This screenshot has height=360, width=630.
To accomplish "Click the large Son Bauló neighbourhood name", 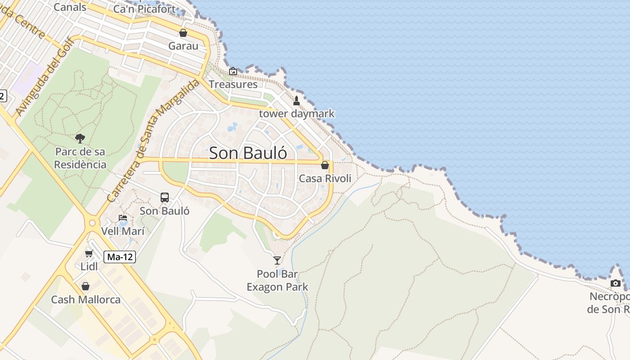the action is point(248,153).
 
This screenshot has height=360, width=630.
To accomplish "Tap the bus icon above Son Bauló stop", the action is point(165,198).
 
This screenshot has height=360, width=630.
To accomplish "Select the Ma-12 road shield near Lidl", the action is point(120,257).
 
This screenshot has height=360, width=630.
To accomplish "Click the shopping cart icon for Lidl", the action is point(89,254).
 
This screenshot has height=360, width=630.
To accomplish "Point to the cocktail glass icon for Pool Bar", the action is point(277,260).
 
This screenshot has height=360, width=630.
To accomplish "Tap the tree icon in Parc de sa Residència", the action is point(80,138).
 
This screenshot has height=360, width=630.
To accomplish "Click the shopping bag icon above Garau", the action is point(183,33).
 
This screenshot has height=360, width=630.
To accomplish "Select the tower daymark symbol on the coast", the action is point(296,101).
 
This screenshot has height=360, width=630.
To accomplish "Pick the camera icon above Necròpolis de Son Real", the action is point(616,283).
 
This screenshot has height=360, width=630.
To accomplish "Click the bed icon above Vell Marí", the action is point(123,218).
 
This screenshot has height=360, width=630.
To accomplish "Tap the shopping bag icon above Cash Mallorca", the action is point(85,286).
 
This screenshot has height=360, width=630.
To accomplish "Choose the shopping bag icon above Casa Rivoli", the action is point(325,165).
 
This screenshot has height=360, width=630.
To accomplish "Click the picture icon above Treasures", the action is point(233,71).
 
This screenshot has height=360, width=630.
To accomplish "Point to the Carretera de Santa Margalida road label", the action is point(153,141).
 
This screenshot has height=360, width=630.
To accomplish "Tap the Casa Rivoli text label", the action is point(325,179).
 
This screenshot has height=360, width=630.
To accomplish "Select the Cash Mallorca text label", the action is point(85,300).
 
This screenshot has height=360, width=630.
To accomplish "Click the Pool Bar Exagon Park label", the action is point(277,280).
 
